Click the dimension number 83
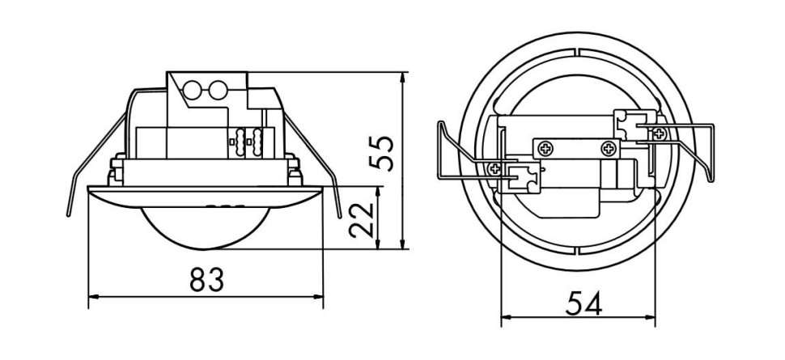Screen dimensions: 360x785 pyautogui.click(x=206, y=280)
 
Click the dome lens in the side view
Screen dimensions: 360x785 pyautogui.click(x=206, y=225)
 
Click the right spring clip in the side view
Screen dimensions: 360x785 pyautogui.click(x=320, y=166)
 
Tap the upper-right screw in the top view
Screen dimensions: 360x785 pyautogui.click(x=661, y=130)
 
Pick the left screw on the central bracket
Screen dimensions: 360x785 pyautogui.click(x=547, y=149)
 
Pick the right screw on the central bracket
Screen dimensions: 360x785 pyautogui.click(x=607, y=149)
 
